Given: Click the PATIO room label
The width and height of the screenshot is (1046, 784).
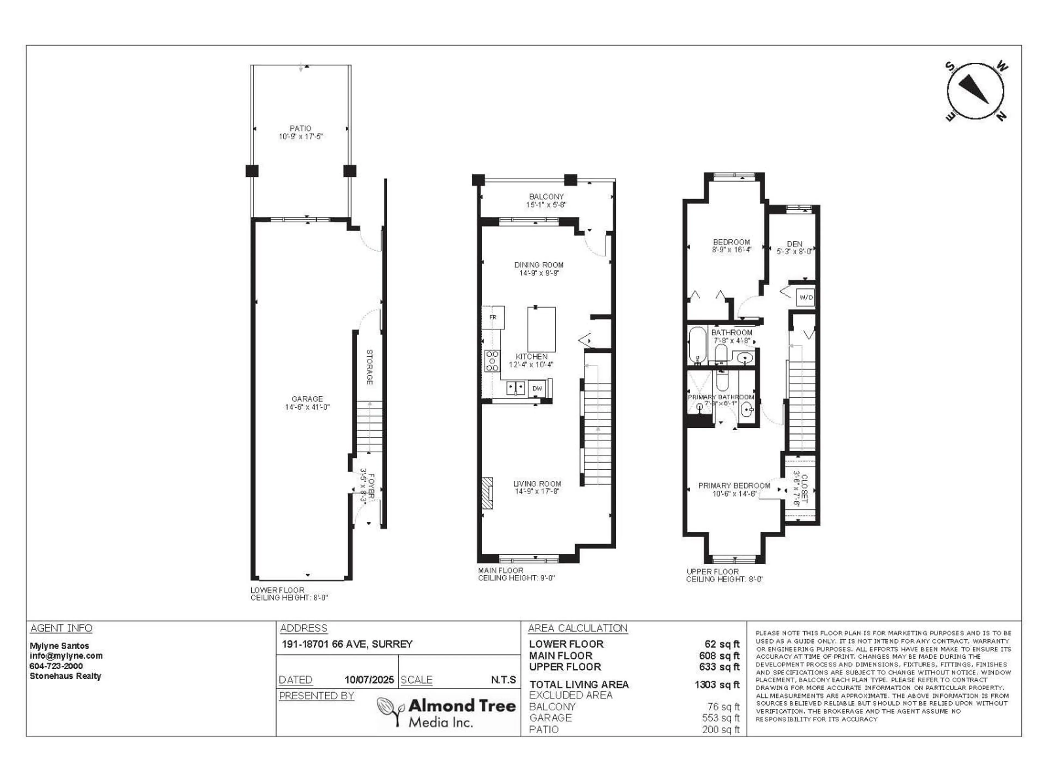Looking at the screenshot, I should pos(300,128).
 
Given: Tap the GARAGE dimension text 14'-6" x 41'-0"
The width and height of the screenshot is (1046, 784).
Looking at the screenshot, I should pos(307,407).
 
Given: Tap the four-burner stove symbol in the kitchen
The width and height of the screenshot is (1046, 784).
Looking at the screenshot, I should pos(492,361).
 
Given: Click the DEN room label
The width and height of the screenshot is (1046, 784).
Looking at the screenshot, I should pos(794,244).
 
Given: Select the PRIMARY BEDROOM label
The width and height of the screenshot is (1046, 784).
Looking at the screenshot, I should pos(734,485).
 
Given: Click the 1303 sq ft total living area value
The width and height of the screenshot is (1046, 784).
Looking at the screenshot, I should pos(717,685).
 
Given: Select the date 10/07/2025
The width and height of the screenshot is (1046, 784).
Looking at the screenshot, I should pos(369,679).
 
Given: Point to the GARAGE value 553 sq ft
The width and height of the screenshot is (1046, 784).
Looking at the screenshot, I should pos(721,718).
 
